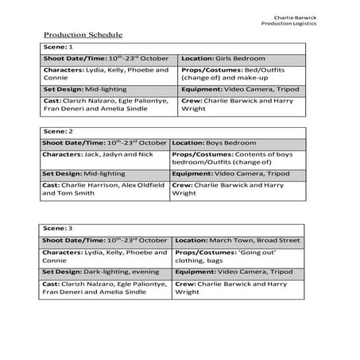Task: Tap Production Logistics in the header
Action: (288, 23)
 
